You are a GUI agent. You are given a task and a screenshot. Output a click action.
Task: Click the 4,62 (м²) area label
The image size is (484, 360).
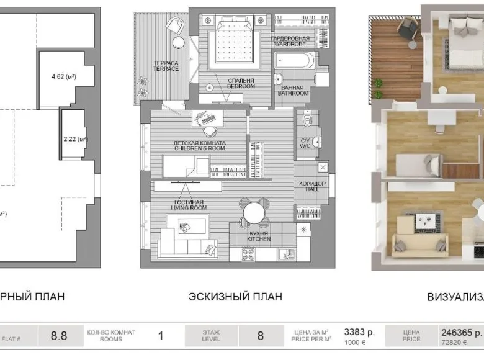(63, 77)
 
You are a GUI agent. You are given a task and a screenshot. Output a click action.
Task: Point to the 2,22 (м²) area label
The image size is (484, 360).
(75, 139)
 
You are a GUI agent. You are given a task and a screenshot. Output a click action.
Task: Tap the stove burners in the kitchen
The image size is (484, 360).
(248, 254)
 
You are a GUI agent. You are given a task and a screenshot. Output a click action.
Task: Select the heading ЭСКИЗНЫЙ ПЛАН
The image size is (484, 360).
(235, 297)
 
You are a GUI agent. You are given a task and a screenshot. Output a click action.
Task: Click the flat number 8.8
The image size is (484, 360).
(59, 336)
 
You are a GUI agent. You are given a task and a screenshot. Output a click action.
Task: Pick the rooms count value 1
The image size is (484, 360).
(161, 336)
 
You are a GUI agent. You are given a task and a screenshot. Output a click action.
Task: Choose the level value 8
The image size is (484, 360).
(260, 336)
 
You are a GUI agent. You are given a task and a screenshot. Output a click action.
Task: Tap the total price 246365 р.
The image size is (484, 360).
(461, 332)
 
